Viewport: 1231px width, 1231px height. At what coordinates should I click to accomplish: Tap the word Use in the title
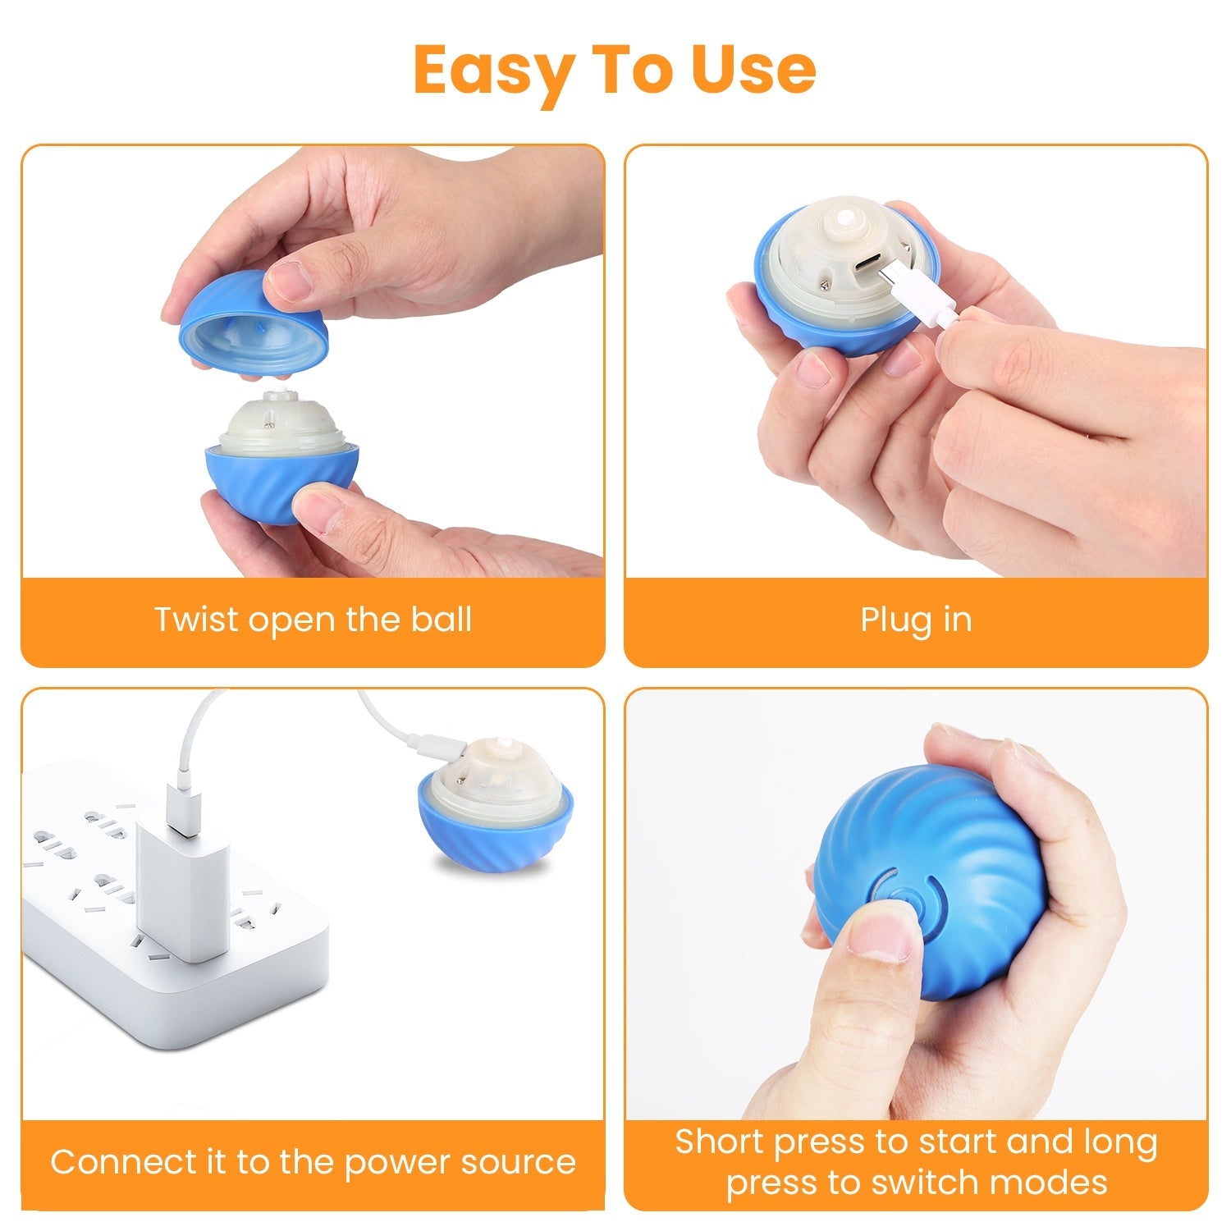point(753,70)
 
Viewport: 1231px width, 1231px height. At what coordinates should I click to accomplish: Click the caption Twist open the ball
point(313,620)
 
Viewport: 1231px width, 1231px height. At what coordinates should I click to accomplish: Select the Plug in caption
point(916,620)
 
